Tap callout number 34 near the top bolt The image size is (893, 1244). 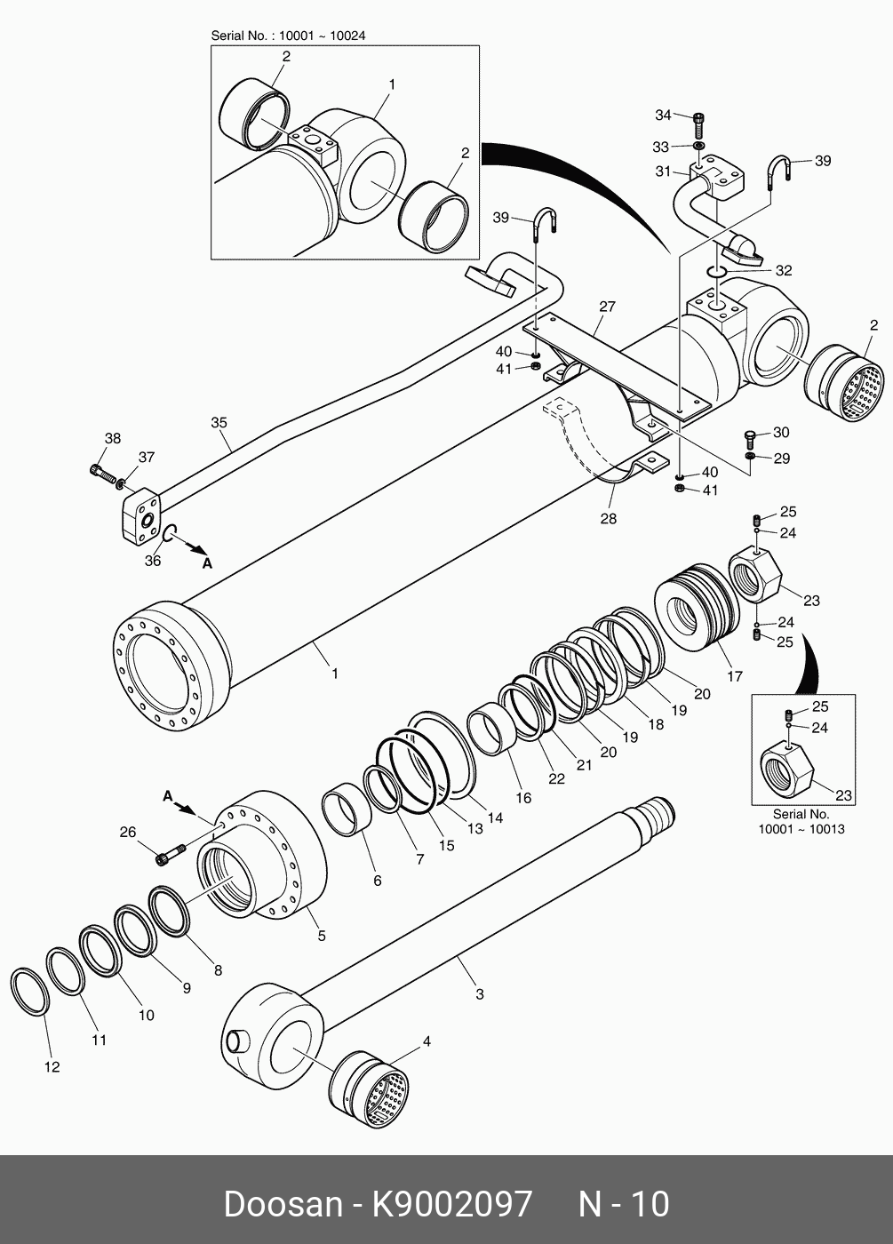click(x=663, y=116)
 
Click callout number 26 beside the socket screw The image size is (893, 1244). click(x=128, y=833)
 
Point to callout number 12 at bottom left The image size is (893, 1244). click(x=52, y=1066)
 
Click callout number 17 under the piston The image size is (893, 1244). click(x=735, y=676)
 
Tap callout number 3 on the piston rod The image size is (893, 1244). click(x=480, y=994)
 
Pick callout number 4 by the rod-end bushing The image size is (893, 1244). click(x=427, y=1041)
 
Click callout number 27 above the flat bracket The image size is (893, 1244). click(x=607, y=307)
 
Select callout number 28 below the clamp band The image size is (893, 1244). click(x=608, y=518)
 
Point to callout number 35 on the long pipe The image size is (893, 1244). click(x=219, y=423)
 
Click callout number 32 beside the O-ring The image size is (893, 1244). click(x=783, y=270)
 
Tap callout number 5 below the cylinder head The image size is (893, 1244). click(x=322, y=936)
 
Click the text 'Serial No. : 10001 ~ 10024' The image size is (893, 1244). click(x=288, y=36)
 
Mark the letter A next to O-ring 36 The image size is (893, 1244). click(x=207, y=563)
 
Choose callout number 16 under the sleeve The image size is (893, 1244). click(x=523, y=798)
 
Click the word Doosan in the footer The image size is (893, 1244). click(x=282, y=1204)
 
